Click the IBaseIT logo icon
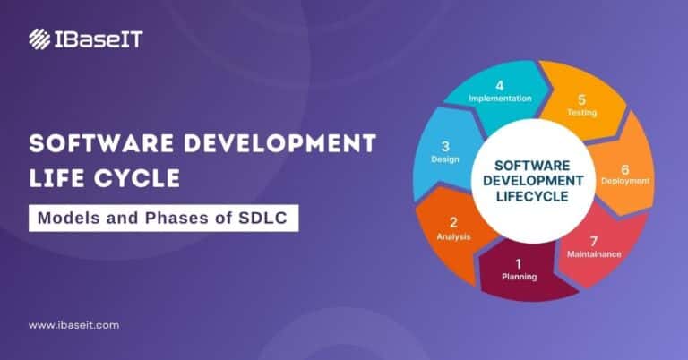39,39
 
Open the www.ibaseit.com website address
73,325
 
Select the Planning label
520,277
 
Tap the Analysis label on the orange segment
453,236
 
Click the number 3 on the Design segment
445,145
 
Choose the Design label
445,159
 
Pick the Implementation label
500,99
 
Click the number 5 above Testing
581,99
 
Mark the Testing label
581,113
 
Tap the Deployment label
625,181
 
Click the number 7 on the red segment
593,241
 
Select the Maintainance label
593,254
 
